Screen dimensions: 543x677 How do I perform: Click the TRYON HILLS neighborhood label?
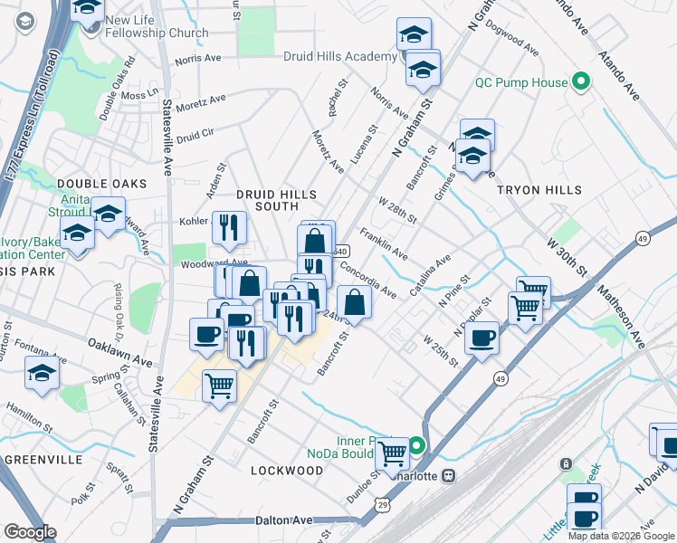539,190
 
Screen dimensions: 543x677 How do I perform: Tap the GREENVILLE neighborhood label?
37,460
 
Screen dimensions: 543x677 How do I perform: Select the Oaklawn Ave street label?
120,353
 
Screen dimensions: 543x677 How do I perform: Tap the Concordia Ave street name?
367,279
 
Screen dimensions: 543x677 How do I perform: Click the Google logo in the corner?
30,531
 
